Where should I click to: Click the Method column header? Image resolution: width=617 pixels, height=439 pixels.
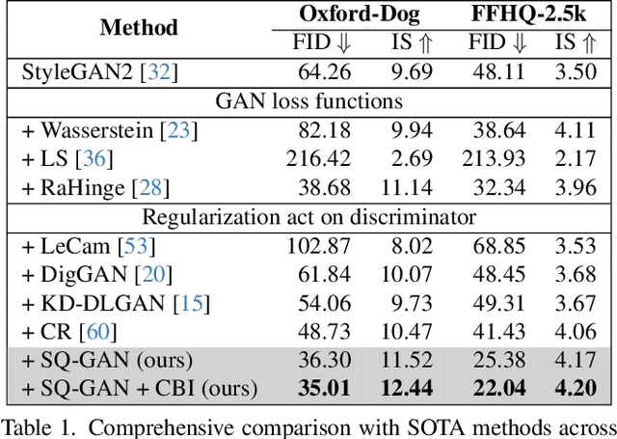click(139, 27)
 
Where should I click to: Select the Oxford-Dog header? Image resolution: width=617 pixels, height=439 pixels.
click(350, 14)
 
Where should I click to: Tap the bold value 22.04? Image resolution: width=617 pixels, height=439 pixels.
click(498, 389)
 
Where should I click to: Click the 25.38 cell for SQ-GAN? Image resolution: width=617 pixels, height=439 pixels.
click(498, 360)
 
